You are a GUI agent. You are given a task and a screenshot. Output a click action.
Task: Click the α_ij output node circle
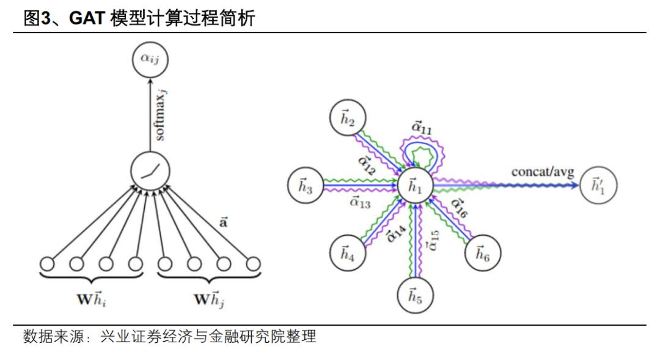pos(150,60)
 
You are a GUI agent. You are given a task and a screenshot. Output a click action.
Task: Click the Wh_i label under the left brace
pos(92,299)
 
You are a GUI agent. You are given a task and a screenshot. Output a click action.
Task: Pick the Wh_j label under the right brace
pos(209,299)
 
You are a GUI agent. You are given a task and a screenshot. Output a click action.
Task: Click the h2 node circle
pos(347,120)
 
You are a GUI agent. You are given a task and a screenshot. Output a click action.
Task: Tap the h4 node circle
pos(347,252)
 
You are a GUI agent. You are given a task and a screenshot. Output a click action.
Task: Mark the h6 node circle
pos(482,252)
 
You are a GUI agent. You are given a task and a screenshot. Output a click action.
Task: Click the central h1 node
pos(416,186)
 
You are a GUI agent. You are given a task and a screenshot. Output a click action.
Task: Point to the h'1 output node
pos(599,186)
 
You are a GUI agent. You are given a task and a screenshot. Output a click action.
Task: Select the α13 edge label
pos(360,202)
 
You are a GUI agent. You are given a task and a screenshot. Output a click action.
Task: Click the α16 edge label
pos(459,208)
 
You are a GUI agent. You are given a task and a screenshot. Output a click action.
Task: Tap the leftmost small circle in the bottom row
pos(47,264)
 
